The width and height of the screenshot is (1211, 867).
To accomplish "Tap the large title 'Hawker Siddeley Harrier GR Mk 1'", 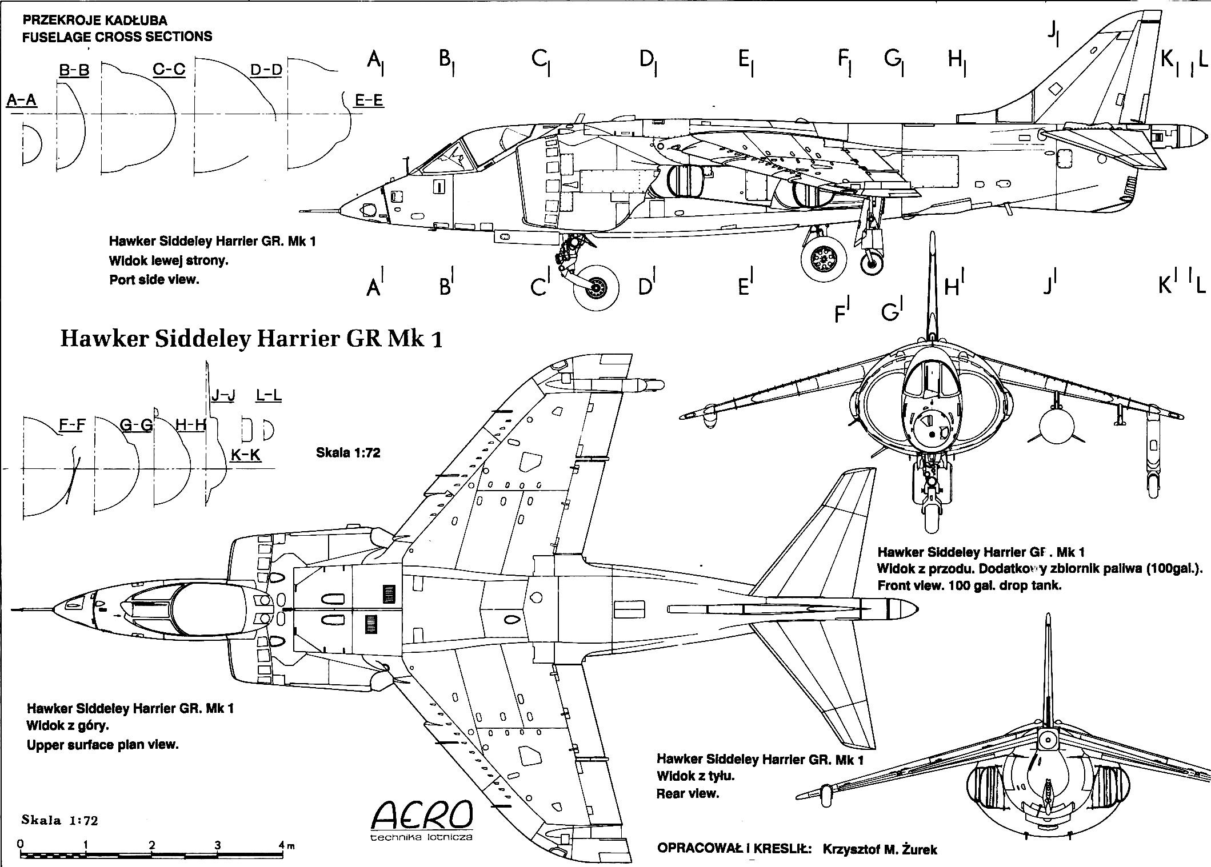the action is point(251,339).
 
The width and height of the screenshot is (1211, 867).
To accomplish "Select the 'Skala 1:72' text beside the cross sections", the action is point(348,453).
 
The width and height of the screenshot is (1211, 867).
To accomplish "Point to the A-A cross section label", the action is point(22,101).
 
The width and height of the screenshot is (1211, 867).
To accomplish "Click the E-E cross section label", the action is point(369,101).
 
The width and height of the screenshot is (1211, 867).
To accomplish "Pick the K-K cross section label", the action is point(246,455).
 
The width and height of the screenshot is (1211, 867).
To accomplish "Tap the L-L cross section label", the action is point(269,395).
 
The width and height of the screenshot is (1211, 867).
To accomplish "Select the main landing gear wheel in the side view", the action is point(824,260).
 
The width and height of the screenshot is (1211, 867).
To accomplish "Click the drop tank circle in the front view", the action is point(1057,429).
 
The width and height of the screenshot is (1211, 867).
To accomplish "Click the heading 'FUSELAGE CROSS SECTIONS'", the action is point(117,37).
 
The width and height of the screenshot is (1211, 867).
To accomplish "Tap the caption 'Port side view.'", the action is point(154,280).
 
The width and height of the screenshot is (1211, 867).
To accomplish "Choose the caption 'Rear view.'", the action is point(688,793).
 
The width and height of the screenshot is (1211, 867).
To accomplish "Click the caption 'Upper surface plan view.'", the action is point(103,745).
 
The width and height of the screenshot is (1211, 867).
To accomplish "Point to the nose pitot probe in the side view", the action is point(322,210).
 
